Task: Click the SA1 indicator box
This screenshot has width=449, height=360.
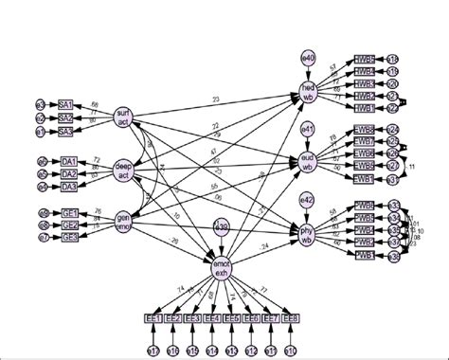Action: [66, 104]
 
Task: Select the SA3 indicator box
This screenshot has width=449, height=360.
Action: [66, 131]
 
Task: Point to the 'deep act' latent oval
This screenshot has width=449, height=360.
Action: [122, 171]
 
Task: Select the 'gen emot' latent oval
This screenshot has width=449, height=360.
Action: [122, 224]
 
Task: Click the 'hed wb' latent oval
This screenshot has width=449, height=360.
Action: [307, 92]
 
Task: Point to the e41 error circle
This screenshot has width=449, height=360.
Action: [307, 128]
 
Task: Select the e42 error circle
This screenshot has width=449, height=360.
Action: [307, 200]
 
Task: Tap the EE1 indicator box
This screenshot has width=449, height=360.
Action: [153, 318]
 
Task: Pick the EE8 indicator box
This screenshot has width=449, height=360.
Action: [292, 318]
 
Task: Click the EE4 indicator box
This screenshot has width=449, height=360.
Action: [212, 318]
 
